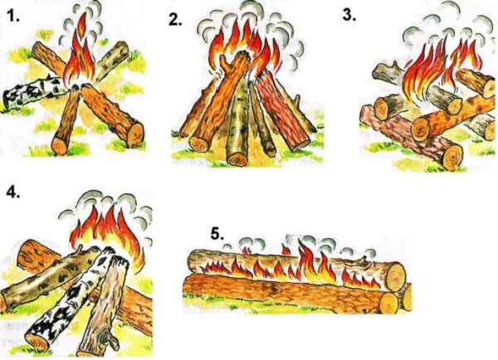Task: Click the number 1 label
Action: tap(12, 16)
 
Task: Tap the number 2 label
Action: tap(176, 20)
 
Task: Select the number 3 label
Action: tap(349, 15)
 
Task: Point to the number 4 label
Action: tap(13, 192)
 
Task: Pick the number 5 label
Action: tap(217, 234)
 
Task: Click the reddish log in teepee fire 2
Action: tap(280, 111)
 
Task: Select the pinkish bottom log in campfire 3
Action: tap(413, 138)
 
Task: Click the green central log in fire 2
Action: tap(239, 124)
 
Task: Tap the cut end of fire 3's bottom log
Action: tap(452, 157)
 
